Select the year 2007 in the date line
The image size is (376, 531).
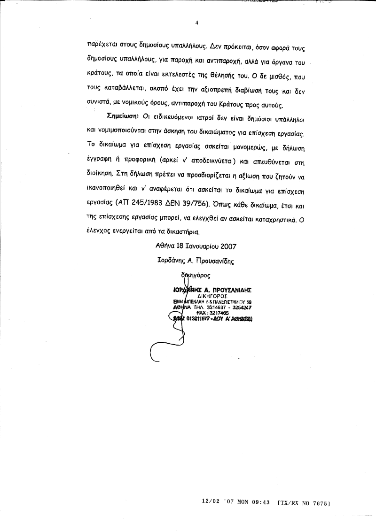(227, 246)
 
